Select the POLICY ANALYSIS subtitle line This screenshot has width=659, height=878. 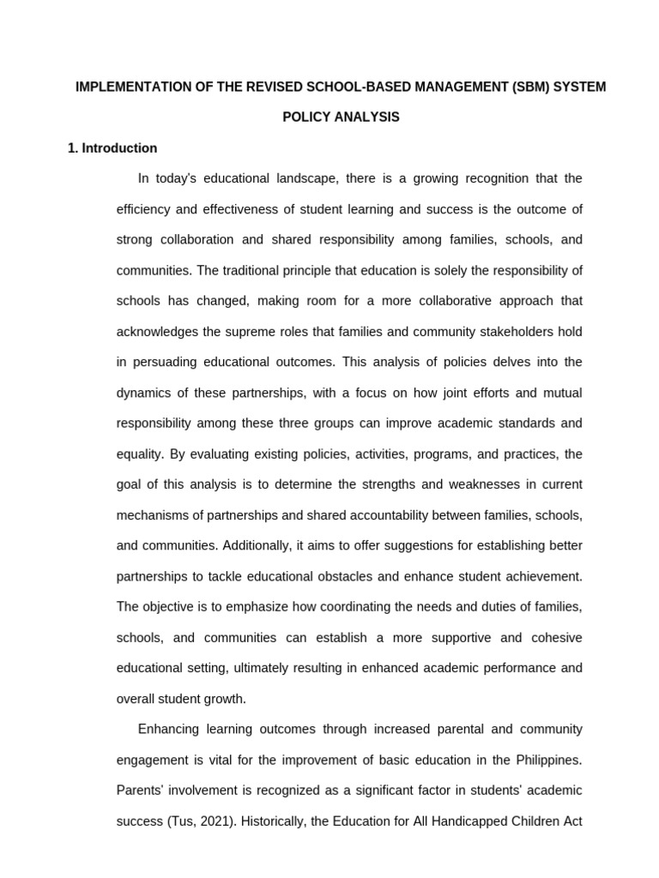tap(341, 117)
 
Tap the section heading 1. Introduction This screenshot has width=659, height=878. tap(112, 148)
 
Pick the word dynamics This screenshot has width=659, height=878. tap(143, 393)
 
